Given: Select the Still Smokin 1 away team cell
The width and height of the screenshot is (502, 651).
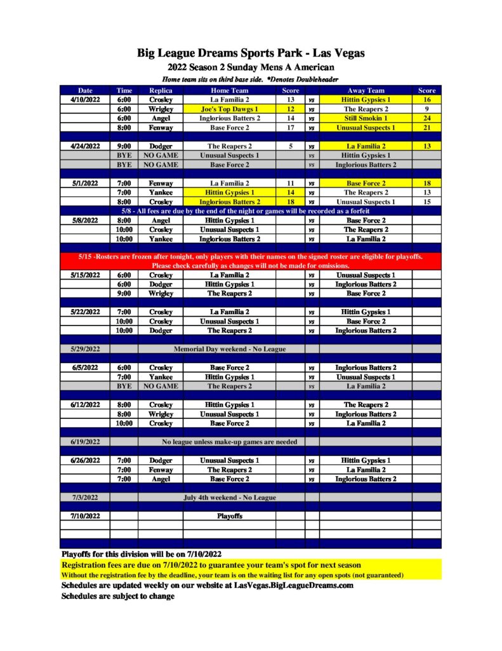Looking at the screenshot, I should [366, 118].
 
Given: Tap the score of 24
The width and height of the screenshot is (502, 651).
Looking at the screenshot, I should [426, 118].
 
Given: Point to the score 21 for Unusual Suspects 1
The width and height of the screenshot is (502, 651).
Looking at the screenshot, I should [426, 128].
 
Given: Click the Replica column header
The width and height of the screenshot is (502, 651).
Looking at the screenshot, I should [161, 90].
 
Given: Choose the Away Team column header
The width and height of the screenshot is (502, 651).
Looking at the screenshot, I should [366, 90].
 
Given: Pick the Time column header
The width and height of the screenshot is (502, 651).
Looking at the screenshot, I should [124, 90].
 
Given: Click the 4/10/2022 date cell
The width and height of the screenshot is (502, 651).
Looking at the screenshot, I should [85, 100].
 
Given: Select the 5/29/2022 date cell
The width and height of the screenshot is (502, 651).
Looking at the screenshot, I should [85, 349].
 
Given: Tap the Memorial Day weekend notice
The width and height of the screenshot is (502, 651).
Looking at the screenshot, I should [229, 349].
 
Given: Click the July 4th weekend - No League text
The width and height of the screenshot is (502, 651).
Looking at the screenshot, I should [229, 497].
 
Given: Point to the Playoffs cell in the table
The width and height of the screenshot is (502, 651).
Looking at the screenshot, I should [229, 516].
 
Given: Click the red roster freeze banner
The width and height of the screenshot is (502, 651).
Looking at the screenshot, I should [251, 261].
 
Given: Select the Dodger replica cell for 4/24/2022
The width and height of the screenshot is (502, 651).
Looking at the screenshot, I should [161, 146].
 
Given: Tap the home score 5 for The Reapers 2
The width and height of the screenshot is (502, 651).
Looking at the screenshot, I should [290, 146].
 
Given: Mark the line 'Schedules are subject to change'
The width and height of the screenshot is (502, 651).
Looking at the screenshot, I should [117, 596].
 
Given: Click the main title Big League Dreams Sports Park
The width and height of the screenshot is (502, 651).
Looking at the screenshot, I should [251, 53].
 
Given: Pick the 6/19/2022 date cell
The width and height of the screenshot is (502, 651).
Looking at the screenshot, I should [85, 442].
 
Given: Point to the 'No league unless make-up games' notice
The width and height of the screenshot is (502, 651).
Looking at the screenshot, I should [229, 442].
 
